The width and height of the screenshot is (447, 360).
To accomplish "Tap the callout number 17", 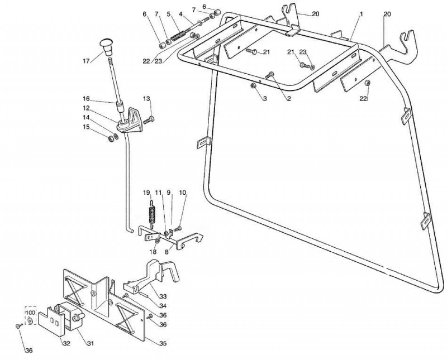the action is tap(87, 61).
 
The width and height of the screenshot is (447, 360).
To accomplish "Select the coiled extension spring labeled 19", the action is tap(152, 212).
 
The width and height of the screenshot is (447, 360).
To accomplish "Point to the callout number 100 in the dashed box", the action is tap(31, 313).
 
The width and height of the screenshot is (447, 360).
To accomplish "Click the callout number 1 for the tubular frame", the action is tap(361, 13).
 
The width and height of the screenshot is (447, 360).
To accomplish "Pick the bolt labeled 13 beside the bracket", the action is tap(149, 119).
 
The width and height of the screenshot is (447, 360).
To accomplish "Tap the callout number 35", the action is tap(163, 343).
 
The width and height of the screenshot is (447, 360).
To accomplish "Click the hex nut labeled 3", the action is tap(253, 86).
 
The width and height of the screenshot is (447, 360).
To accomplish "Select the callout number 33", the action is tap(163, 296).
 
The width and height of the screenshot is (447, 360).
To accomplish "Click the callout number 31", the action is tap(90, 343).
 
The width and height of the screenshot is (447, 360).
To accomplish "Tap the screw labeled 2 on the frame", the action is tap(270, 75).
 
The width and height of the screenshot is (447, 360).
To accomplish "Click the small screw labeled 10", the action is tap(178, 228).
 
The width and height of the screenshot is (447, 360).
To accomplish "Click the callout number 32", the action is tap(66, 343).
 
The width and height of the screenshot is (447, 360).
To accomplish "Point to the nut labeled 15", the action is tap(110, 139).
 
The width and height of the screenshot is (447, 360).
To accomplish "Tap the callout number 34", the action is tap(163, 306).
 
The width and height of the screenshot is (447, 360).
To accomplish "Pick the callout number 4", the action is tap(180, 13).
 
